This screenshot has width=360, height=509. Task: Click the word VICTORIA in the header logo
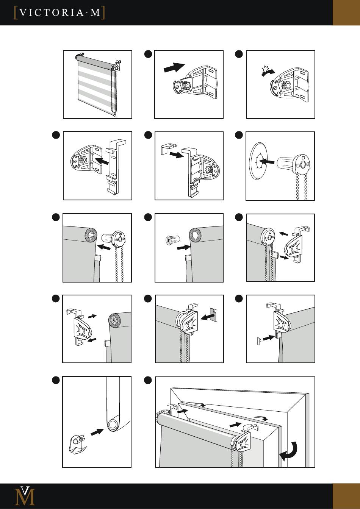click(x=52, y=13)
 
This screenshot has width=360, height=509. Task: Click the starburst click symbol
click(x=265, y=69)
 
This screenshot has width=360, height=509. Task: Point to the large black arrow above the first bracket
click(x=174, y=67)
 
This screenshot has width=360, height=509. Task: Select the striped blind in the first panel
click(x=97, y=84)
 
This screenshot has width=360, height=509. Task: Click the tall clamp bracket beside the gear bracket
click(x=117, y=167)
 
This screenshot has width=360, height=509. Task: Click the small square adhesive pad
click(x=214, y=314)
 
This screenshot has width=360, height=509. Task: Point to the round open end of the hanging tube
click(x=113, y=425)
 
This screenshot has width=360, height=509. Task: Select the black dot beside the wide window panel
click(x=148, y=380)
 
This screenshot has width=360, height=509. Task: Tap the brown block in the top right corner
click(x=346, y=12)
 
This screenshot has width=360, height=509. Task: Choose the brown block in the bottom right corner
click(x=346, y=496)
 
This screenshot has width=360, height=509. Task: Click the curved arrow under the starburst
click(x=268, y=73)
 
